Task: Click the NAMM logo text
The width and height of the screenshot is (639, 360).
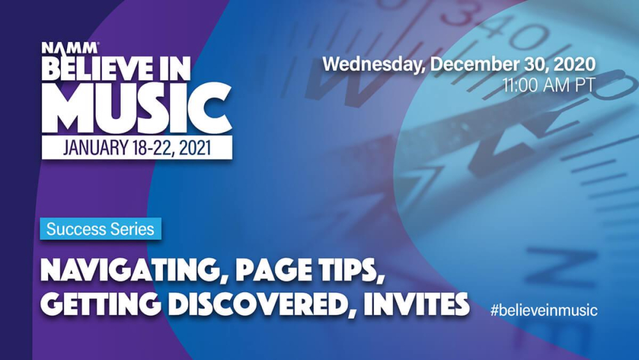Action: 70,48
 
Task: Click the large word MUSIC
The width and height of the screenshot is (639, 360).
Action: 137,107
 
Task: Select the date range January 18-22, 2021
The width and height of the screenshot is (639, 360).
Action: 137,148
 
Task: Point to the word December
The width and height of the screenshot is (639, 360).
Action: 472,64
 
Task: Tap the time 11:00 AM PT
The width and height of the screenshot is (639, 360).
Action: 548,85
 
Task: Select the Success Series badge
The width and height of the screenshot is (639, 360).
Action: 100,229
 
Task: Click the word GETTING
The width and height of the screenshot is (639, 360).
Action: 101,304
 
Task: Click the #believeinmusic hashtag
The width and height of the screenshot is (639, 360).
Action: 544,310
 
